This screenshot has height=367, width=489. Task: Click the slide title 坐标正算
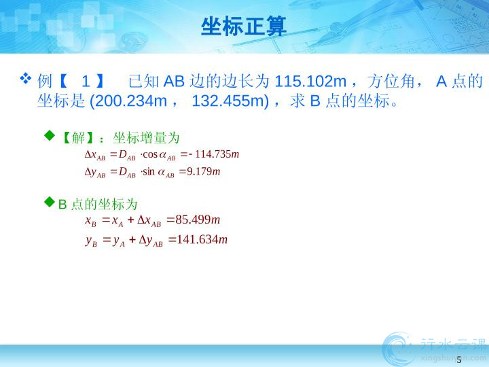click(244, 27)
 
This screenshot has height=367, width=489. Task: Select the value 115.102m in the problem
click(310, 82)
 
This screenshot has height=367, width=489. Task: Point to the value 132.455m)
click(230, 101)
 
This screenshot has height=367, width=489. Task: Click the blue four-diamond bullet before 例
click(26, 78)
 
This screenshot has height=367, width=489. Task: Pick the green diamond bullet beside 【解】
click(50, 135)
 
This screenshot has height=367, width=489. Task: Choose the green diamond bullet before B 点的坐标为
click(50, 202)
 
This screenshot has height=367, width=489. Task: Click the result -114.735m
click(214, 154)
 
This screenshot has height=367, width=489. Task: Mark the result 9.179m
click(203, 171)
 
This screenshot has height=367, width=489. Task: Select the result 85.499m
click(198, 220)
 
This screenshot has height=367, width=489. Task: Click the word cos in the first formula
click(150, 154)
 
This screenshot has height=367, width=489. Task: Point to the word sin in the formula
click(149, 171)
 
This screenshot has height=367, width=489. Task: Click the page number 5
click(458, 360)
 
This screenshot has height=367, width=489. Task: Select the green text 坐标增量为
click(146, 137)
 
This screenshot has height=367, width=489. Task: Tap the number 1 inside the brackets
click(86, 82)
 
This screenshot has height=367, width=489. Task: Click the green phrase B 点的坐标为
click(98, 205)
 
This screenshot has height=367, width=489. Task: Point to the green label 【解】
click(78, 137)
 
